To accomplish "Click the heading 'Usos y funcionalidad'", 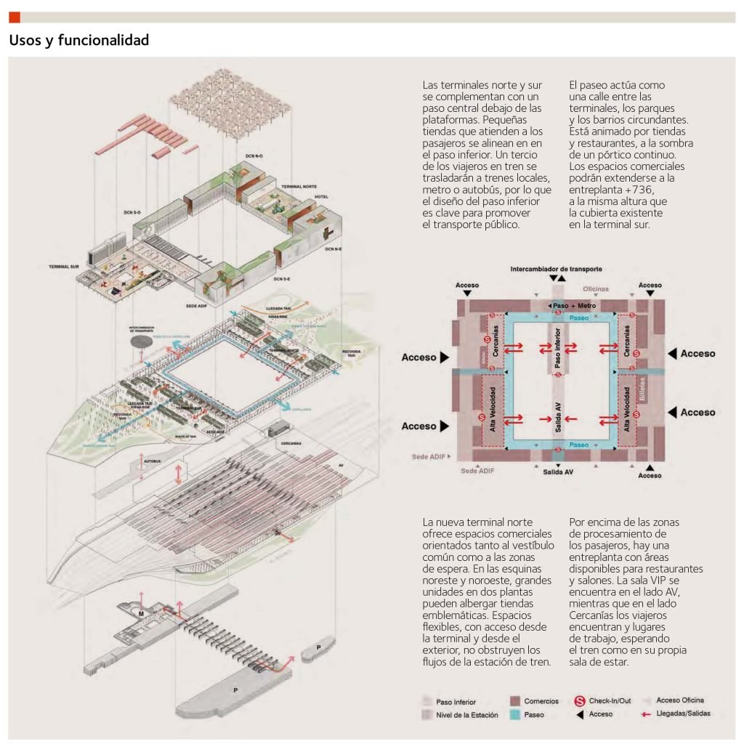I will tap(79, 41).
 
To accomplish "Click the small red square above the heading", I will tap(15, 17).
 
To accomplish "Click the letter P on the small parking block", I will tap(319, 647).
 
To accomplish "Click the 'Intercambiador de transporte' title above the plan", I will tap(557, 268).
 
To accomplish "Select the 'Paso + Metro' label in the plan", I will tap(575, 306).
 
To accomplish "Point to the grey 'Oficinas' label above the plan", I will tap(596, 289).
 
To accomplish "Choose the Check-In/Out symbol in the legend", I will tap(580, 701).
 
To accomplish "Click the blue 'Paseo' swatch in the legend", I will tap(515, 715).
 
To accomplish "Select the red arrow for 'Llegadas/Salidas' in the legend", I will tap(645, 714).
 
